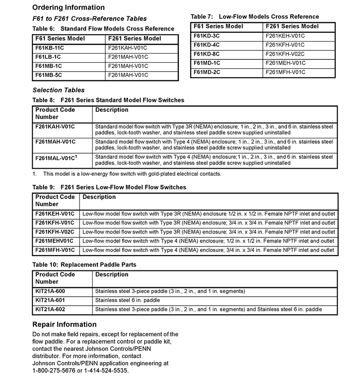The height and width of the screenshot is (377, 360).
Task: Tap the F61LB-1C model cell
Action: point(49,57)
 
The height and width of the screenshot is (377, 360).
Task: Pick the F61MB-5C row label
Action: point(50,75)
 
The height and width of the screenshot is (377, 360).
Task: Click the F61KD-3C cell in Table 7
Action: point(208,35)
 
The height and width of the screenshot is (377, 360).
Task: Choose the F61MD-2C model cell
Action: point(208,72)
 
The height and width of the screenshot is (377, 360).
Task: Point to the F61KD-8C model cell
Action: point(208,54)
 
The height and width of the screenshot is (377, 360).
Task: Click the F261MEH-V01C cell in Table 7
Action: point(285,63)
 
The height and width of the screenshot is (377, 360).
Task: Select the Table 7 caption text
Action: point(255,17)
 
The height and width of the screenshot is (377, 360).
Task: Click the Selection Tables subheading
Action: point(58,90)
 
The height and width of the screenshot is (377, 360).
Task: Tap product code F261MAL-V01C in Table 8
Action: point(56,158)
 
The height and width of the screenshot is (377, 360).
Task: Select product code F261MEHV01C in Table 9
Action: point(54,241)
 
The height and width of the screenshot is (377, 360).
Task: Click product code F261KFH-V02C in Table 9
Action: point(55,232)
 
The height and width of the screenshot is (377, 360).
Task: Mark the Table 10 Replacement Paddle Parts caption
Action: point(85,265)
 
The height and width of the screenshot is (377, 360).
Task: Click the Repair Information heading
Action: point(65,324)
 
